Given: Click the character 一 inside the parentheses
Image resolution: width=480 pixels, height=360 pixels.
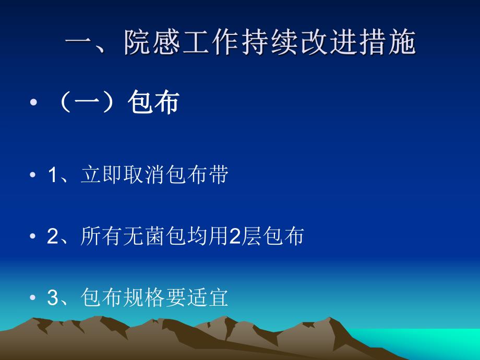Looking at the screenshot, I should (90, 103).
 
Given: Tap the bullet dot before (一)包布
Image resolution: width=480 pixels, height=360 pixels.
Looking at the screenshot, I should (34, 103).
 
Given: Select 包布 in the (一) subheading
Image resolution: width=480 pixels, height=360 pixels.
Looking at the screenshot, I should (153, 103).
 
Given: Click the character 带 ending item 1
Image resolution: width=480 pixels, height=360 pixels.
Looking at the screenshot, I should (218, 176).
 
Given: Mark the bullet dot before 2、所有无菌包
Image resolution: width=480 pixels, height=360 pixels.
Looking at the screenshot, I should (34, 237).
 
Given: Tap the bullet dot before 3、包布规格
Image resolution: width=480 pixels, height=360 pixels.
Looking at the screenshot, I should (34, 299).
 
